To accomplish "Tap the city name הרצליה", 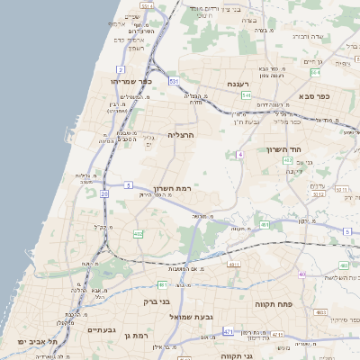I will pos(182,135).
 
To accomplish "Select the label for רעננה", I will pos(237,84).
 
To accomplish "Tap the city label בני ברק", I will pos(163,303).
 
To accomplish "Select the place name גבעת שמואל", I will pos(202,317).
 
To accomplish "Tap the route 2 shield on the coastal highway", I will pos(120,69).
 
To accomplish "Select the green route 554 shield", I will pos(287,160).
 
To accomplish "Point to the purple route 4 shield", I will pos(240,154).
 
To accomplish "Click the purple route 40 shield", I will pos(303,274).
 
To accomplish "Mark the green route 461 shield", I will pos(265,225).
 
